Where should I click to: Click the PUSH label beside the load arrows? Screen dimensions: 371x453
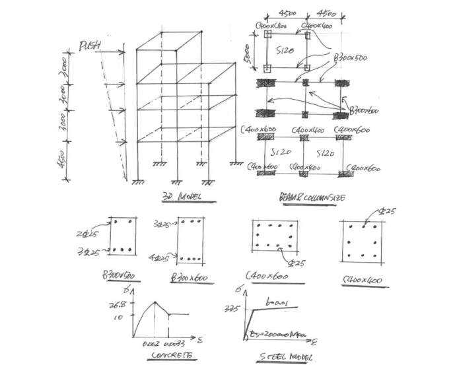(90, 46)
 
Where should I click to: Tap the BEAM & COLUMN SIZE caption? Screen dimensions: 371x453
(303, 196)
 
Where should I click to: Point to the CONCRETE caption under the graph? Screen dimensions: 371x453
(171, 354)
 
